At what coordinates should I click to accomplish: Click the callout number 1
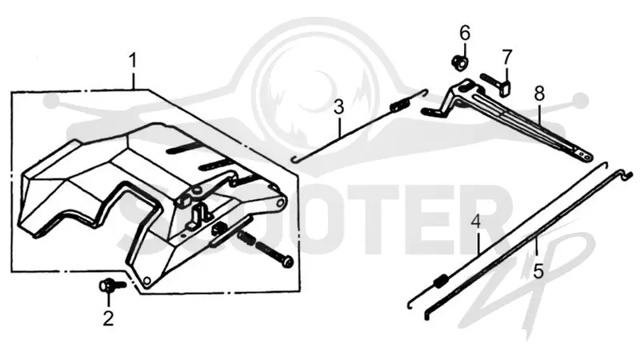(132, 61)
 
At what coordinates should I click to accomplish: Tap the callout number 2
(108, 318)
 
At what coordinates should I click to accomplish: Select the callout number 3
(338, 107)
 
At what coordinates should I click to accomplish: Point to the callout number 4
(475, 222)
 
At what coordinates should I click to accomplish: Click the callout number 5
(538, 271)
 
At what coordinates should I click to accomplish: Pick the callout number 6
(465, 33)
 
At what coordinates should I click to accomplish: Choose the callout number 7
(506, 57)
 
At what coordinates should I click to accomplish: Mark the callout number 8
(539, 94)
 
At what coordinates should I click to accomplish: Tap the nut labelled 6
(459, 62)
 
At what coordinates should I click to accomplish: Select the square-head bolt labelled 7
(497, 83)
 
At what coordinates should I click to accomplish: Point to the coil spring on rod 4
(441, 282)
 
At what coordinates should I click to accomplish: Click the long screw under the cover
(266, 249)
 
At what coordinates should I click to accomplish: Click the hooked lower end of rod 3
(296, 158)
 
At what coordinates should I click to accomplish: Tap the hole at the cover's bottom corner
(148, 280)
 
